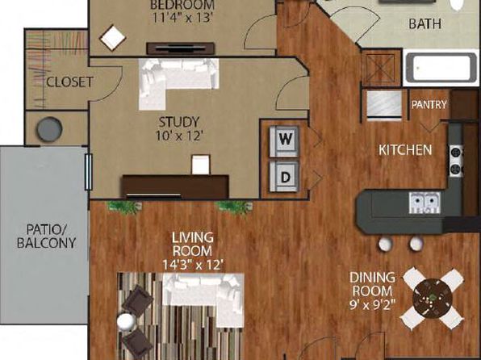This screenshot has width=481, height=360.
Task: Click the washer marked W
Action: point(284,141)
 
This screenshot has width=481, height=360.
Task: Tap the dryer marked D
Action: point(284,177)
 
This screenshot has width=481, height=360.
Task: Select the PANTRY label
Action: point(429,105)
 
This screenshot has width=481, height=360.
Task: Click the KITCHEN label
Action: point(405,150)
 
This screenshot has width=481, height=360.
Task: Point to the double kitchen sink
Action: point(425,203)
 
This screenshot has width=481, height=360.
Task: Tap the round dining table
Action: point(433,298)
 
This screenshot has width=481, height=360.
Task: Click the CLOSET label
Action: point(69,82)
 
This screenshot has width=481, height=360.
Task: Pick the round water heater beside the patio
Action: point(49,129)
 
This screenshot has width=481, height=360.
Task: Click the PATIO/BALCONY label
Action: point(46,236)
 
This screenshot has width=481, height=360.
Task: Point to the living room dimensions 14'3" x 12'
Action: point(192,265)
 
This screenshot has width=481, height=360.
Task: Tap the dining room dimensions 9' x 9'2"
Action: point(372,305)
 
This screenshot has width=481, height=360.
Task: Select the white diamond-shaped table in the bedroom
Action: point(112,38)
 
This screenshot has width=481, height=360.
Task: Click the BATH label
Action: point(425,24)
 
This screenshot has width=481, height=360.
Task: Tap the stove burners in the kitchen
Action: point(457,161)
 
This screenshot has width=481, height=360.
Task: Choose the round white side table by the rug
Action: point(126,321)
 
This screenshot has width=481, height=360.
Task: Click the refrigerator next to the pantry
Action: point(384,104)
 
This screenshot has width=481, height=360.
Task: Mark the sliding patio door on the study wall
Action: point(88,172)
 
